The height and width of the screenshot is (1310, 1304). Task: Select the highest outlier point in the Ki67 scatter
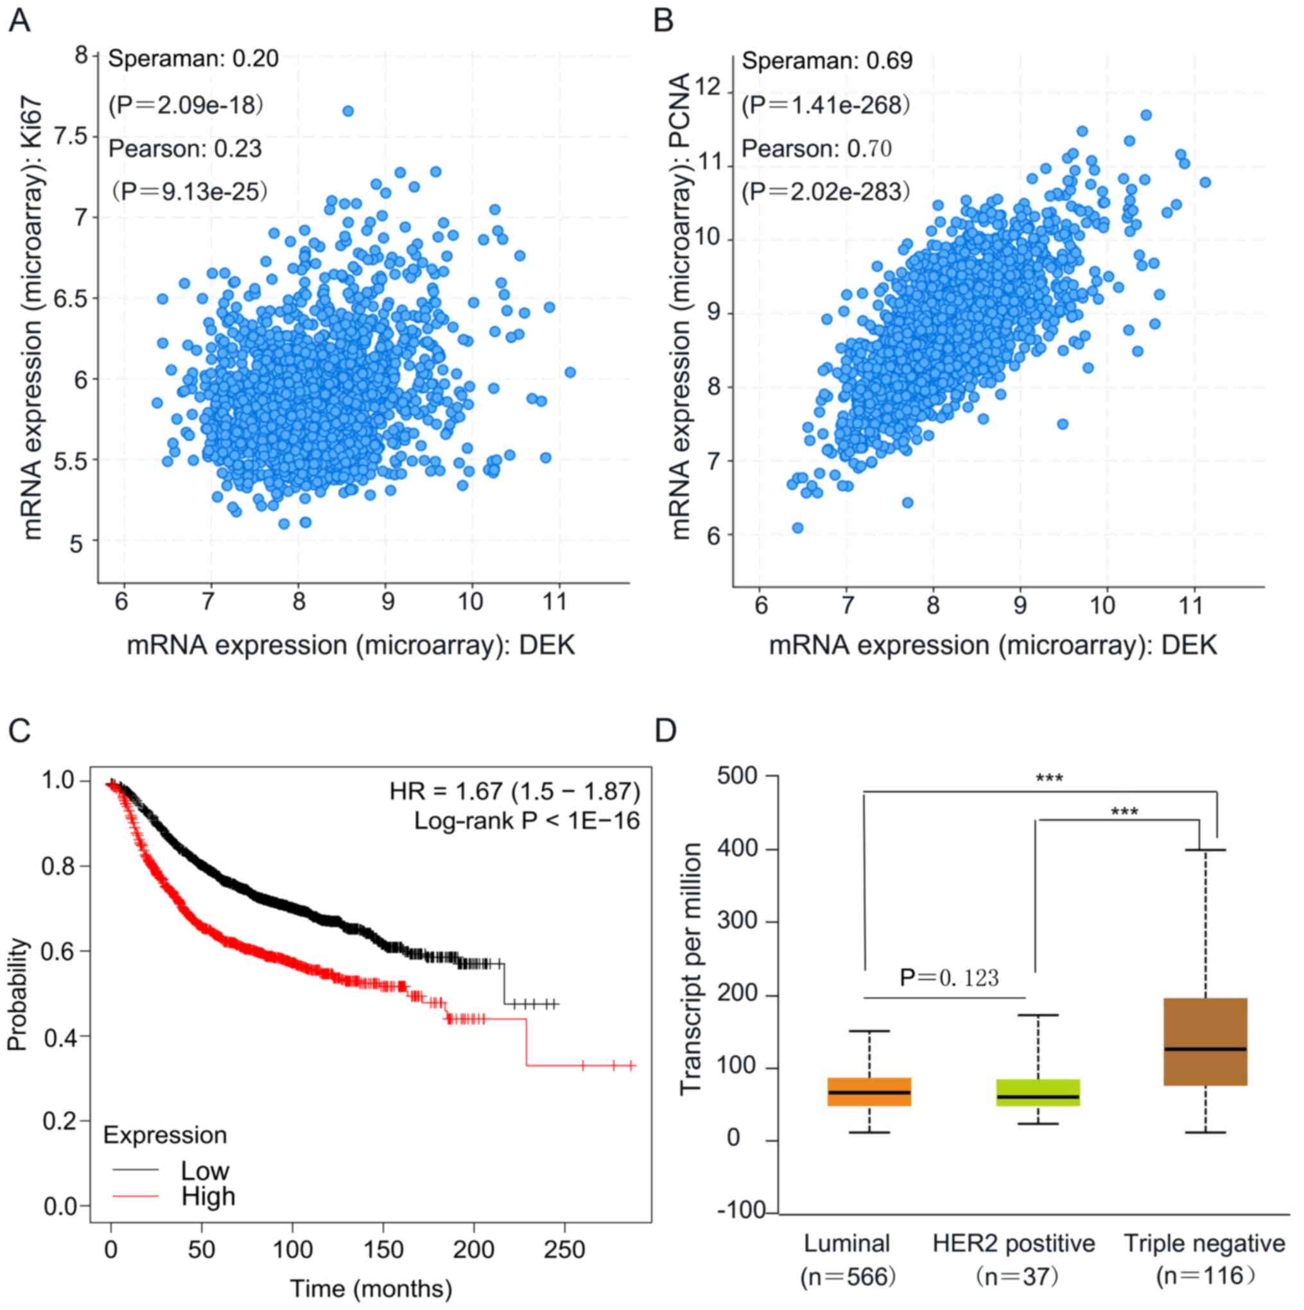[x=348, y=111]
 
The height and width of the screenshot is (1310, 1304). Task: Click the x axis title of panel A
[x=351, y=645]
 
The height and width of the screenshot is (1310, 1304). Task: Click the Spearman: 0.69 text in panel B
[x=828, y=61]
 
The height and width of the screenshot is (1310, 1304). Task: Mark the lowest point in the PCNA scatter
[x=797, y=528]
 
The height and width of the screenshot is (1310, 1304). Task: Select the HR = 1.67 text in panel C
[x=514, y=791]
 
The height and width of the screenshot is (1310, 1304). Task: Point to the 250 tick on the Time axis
[x=565, y=1250]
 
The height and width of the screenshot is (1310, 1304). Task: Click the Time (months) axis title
[x=371, y=1289]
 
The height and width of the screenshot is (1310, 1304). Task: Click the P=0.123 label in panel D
[x=950, y=978]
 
